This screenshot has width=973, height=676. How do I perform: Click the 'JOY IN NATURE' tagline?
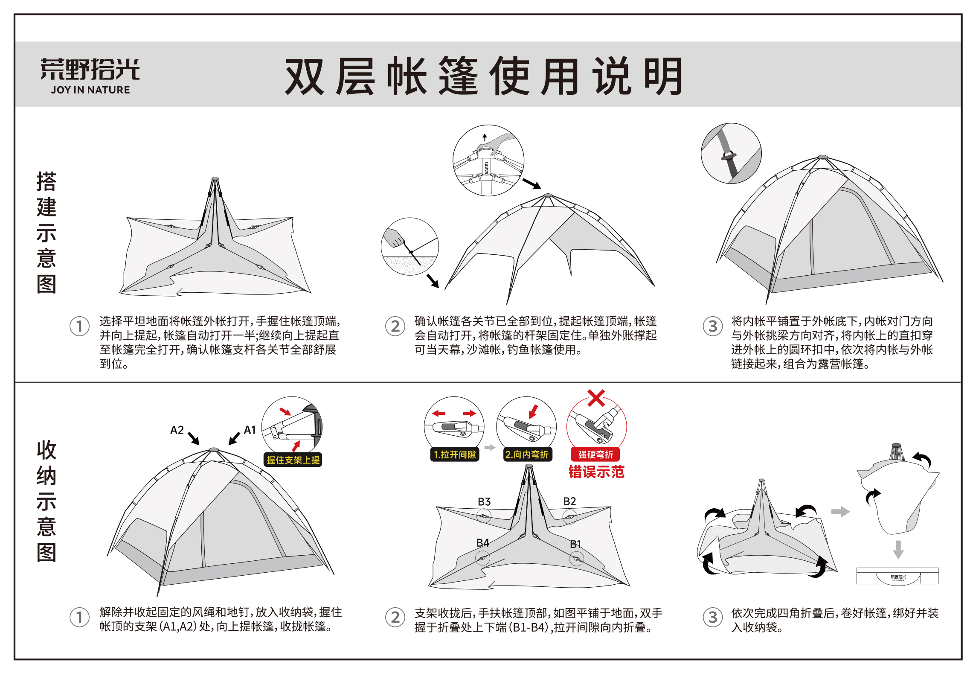90,90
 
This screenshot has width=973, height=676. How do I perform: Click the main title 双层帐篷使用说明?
483,76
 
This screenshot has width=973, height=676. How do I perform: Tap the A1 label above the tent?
250,430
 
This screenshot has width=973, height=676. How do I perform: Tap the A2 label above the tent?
177,430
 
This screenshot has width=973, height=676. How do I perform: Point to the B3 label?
484,501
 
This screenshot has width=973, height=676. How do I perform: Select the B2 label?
569,501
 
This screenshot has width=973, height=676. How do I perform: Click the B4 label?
482,543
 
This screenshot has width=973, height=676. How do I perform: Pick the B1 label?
575,544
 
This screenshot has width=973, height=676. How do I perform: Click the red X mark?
596,398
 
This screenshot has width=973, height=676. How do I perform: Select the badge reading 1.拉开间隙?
455,455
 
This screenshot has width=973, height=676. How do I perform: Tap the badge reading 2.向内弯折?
527,455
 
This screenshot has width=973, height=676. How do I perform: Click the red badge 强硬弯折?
595,455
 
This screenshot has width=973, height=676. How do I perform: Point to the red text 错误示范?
596,472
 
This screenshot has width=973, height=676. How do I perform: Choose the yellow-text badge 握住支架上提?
293,460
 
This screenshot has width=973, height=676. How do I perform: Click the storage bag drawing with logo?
897,576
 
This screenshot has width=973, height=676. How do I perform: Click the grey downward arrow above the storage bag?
898,549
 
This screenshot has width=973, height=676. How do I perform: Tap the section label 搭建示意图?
46,232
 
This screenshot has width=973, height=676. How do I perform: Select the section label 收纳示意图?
46,501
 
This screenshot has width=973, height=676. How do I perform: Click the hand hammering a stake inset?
410,247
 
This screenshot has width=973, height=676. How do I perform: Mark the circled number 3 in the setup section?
712,326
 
